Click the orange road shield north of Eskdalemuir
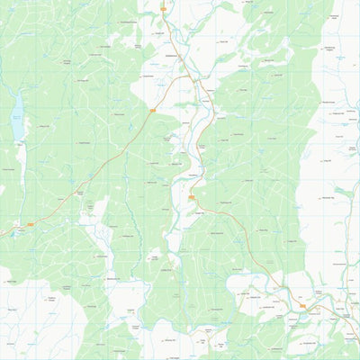pos(164,9)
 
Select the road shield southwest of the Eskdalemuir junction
pos(151,111)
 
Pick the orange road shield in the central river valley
pos(192,197)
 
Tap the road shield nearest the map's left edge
pos(31,223)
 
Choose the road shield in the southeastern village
pos(302,306)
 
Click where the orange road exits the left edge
pos(1,236)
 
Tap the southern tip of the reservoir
pos(18,142)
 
